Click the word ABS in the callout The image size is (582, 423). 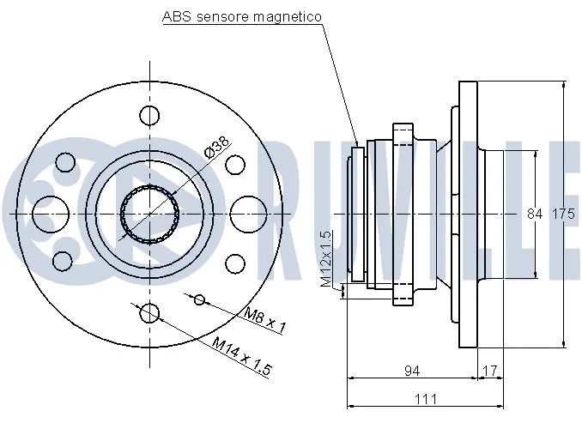[176, 16]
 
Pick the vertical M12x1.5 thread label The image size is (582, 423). [326, 257]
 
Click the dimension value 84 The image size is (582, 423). [536, 214]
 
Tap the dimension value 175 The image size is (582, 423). [562, 214]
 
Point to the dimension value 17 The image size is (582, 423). [490, 371]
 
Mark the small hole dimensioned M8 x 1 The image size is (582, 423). [199, 299]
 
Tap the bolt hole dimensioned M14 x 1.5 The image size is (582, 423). [149, 312]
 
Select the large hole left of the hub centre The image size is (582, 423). [49, 213]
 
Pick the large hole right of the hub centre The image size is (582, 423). [248, 213]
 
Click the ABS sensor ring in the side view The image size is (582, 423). [357, 220]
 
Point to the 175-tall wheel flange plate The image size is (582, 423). [468, 214]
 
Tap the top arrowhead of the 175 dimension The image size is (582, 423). [563, 86]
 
